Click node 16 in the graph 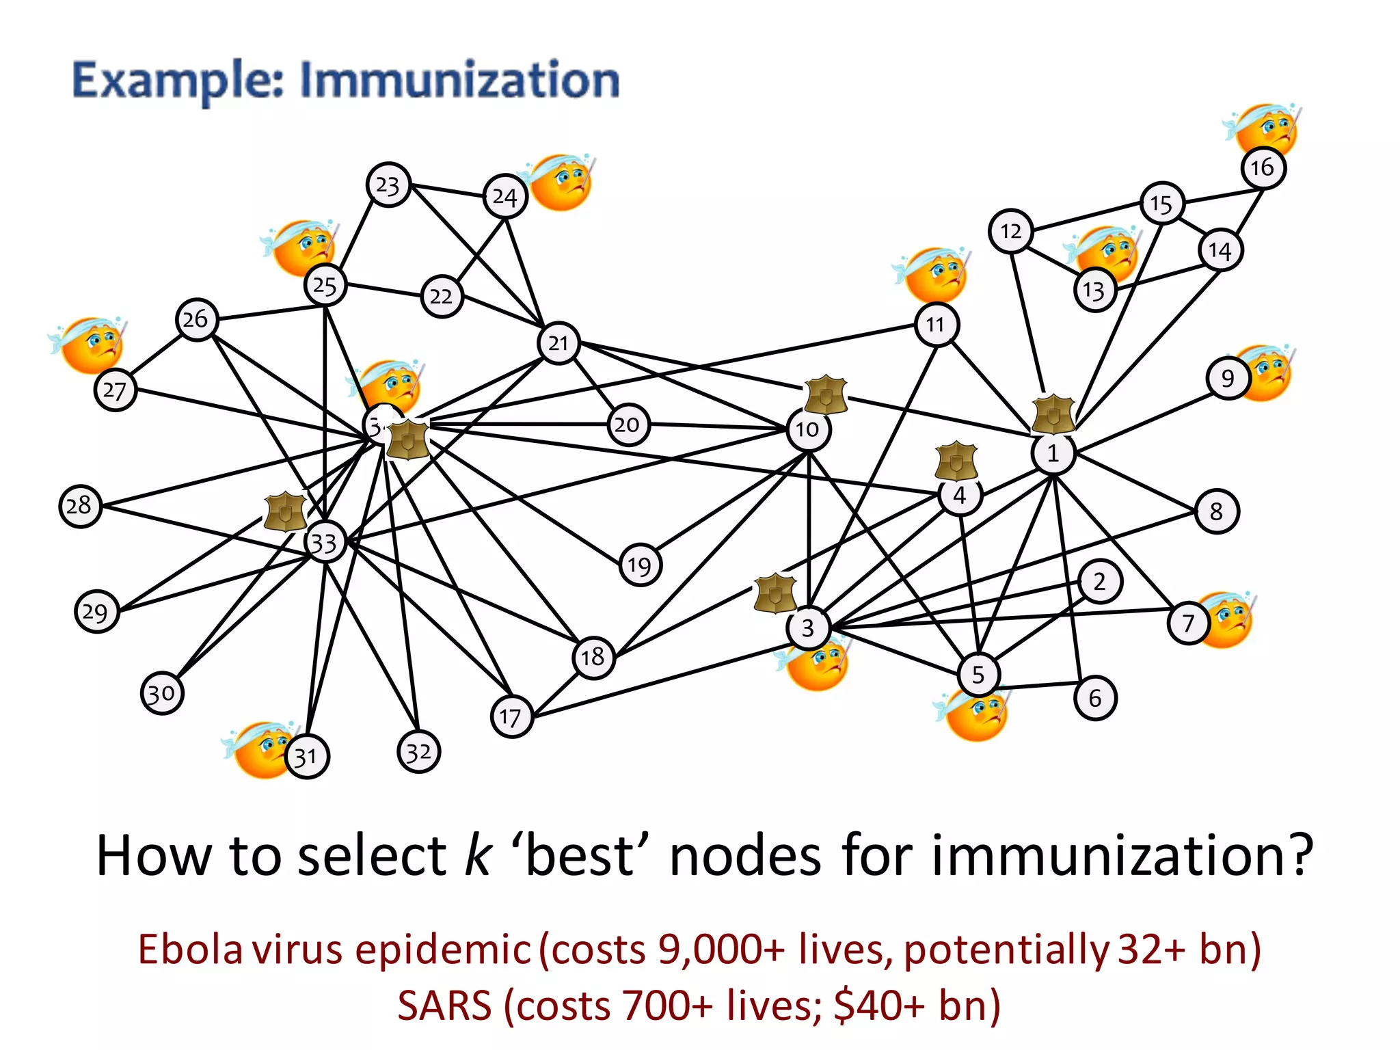pyautogui.click(x=1263, y=167)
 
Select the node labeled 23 pyautogui.click(x=388, y=185)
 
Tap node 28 pyautogui.click(x=80, y=506)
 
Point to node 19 pyautogui.click(x=640, y=565)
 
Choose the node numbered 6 pyautogui.click(x=1095, y=698)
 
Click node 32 pyautogui.click(x=418, y=752)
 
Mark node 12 pyautogui.click(x=1010, y=231)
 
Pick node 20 pyautogui.click(x=628, y=425)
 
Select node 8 pyautogui.click(x=1216, y=511)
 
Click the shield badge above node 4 pyautogui.click(x=956, y=461)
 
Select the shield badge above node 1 pyautogui.click(x=1053, y=414)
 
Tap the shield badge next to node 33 pyautogui.click(x=285, y=511)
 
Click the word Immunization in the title pyautogui.click(x=459, y=80)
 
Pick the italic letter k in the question pyautogui.click(x=476, y=856)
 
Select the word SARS pyautogui.click(x=444, y=1006)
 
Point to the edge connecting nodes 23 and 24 pyautogui.click(x=447, y=191)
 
